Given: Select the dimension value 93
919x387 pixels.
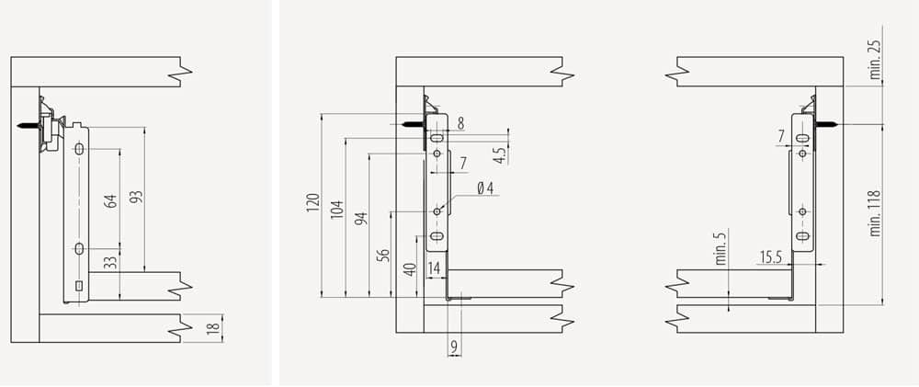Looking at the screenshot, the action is coord(136,198).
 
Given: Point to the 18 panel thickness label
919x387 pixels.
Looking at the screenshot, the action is coord(215,328).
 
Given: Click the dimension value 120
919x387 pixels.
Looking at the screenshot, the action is coord(313,202).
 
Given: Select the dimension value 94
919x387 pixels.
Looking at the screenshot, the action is coord(361,219).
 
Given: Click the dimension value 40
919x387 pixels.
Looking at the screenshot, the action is coord(410,269).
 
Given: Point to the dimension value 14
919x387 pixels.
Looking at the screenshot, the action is coord(434,268).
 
